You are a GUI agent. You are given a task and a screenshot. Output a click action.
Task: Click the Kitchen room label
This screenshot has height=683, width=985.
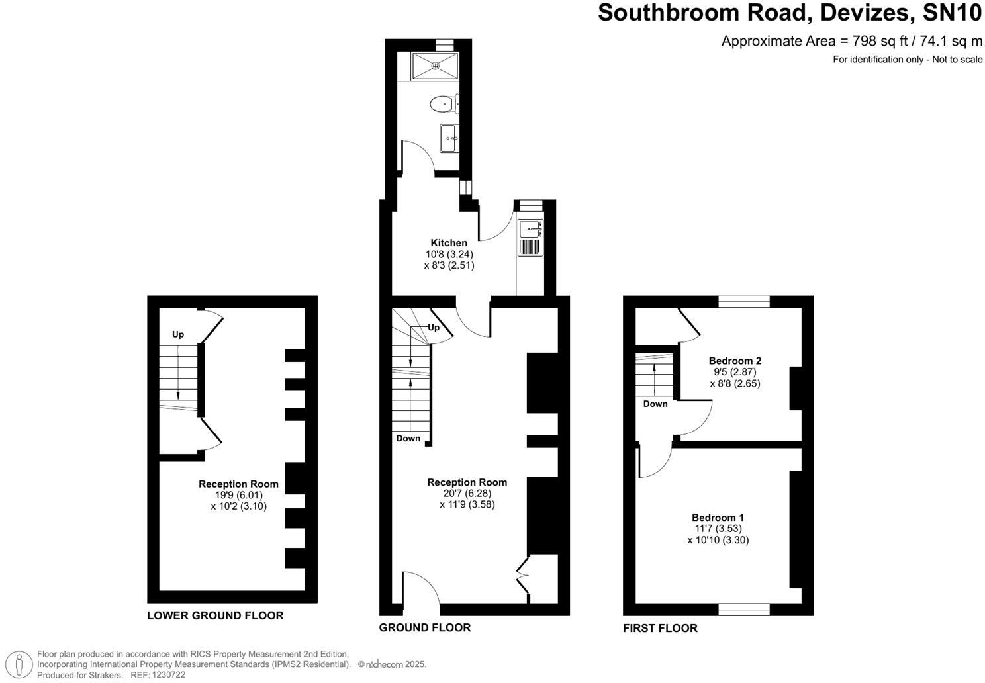click(x=449, y=243)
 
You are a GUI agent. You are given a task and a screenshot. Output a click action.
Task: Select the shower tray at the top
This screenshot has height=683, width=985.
click(x=435, y=66)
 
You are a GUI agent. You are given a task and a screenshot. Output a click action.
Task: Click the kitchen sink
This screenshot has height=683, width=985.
click(x=530, y=229)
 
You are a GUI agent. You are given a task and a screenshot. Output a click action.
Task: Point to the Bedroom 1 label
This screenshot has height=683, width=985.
click(x=718, y=518)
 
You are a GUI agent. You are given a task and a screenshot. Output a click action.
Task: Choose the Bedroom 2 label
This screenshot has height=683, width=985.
click(x=735, y=361)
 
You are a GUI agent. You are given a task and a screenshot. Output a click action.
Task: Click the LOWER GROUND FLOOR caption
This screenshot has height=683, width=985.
click(x=215, y=615)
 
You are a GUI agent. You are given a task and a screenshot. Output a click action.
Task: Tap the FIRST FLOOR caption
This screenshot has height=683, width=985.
click(x=660, y=628)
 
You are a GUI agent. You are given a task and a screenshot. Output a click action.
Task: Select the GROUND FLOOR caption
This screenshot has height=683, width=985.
click(x=424, y=627)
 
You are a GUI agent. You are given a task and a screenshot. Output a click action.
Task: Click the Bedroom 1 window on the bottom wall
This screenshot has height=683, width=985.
click(x=744, y=609)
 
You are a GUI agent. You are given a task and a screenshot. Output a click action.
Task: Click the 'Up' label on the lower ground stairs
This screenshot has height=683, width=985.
click(x=178, y=334)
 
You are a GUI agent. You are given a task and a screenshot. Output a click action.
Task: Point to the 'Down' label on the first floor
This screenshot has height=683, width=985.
click(x=655, y=404)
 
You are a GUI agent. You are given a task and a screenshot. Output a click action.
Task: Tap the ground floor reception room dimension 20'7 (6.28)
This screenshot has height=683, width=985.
click(x=467, y=493)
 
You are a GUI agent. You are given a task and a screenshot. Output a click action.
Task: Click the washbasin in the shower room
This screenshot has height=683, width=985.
click(x=449, y=138)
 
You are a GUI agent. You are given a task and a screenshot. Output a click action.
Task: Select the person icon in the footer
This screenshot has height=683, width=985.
click(x=22, y=664)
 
